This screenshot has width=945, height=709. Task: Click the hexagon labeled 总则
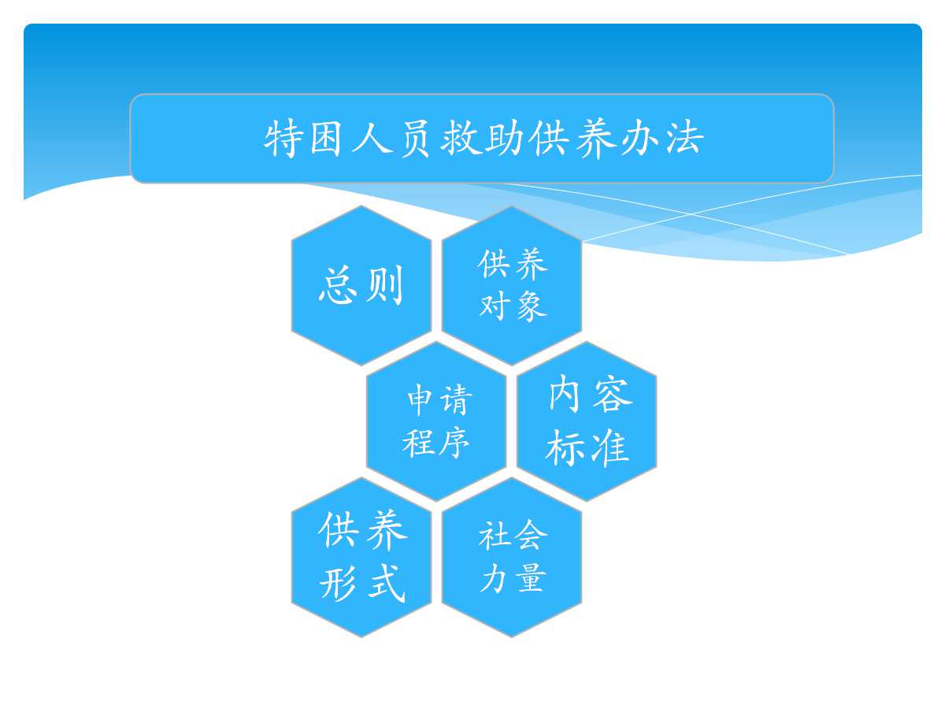[x=361, y=285]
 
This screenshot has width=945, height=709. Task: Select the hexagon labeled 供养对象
[x=511, y=285]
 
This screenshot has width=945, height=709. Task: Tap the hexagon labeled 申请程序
[x=436, y=421]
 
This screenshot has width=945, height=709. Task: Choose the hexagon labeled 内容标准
[x=587, y=421]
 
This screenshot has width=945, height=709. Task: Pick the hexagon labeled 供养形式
[x=361, y=557]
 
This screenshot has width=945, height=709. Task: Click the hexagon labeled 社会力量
[x=511, y=557]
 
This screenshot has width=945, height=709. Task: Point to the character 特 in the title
[x=282, y=139]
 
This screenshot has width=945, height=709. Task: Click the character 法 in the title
[x=685, y=138]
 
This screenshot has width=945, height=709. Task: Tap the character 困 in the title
[x=326, y=139]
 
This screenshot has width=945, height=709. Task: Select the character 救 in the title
[x=461, y=138]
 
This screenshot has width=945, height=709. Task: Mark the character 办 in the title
[x=640, y=138]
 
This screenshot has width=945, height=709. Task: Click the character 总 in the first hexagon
[x=338, y=285]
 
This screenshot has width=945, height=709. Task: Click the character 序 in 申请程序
[x=454, y=443]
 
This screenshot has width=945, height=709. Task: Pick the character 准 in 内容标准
[x=608, y=447]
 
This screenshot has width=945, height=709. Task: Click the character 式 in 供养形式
[x=386, y=584]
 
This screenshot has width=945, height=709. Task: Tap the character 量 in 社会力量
[x=532, y=577]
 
